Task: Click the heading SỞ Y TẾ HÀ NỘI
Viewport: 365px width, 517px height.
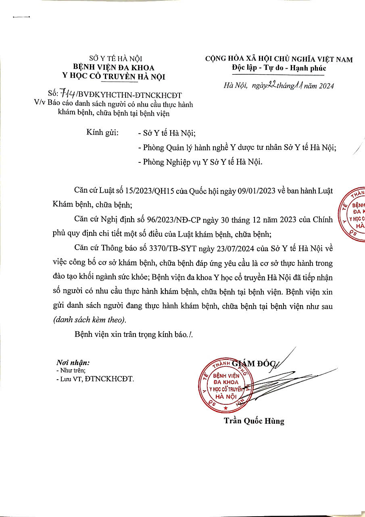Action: [x=115, y=59]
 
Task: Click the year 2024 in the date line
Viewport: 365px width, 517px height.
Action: [x=324, y=86]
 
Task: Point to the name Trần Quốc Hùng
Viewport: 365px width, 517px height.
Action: [x=254, y=421]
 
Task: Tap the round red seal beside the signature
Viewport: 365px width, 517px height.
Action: [x=223, y=385]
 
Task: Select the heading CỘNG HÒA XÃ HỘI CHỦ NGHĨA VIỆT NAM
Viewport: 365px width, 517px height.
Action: [x=279, y=59]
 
